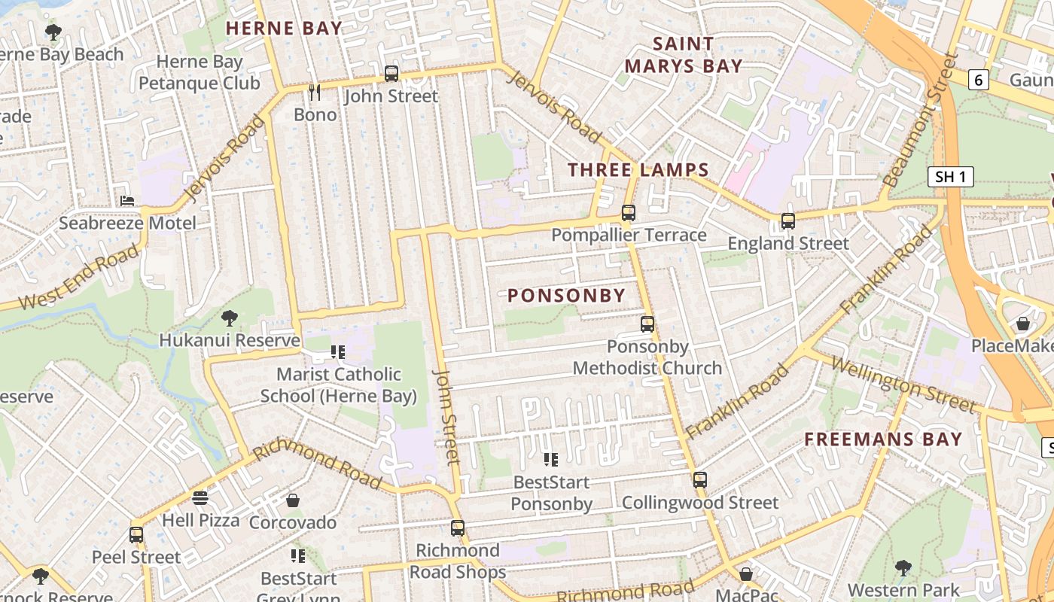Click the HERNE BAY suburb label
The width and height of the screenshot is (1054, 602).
click(284, 29)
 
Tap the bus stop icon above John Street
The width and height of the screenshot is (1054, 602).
click(391, 74)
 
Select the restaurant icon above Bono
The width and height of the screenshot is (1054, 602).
click(315, 93)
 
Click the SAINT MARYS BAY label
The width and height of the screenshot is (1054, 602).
click(684, 55)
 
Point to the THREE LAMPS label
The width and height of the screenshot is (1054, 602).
click(638, 170)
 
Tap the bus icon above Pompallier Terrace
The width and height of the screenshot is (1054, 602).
click(629, 213)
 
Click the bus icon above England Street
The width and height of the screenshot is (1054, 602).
click(788, 221)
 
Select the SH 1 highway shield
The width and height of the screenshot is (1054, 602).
click(950, 178)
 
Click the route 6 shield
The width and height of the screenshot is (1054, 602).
click(978, 80)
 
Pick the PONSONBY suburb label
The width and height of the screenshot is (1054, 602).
click(567, 296)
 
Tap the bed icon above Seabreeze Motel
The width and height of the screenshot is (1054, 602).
click(127, 201)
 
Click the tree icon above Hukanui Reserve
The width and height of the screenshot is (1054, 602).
click(230, 318)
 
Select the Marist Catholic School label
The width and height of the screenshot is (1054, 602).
click(338, 385)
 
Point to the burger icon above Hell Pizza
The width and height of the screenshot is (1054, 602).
click(200, 498)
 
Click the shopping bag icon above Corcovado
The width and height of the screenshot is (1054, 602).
click(293, 500)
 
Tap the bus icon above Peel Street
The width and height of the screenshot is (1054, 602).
click(136, 535)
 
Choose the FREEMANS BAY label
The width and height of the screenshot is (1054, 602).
click(883, 439)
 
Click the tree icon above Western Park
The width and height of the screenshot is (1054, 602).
click(903, 568)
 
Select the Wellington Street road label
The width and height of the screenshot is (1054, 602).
click(903, 385)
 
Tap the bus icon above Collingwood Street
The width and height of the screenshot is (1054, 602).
click(700, 480)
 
